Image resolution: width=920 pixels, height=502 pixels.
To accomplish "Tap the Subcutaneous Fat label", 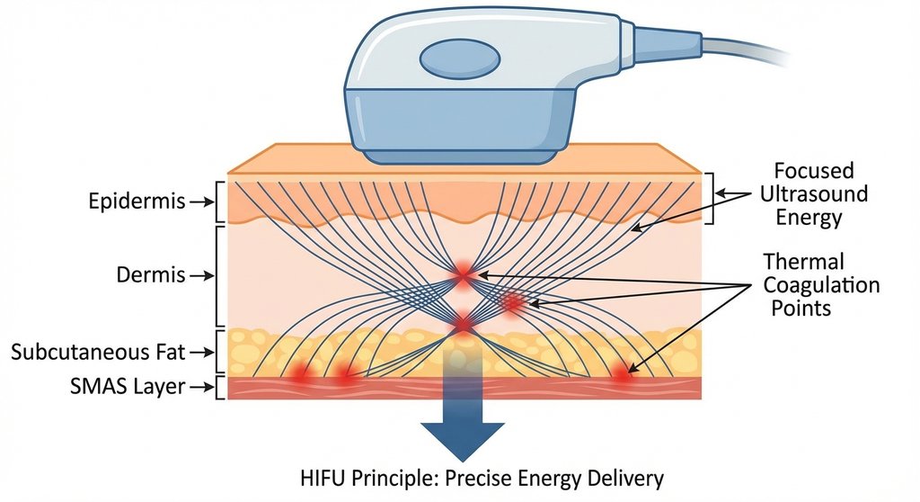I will pyautogui.click(x=93, y=351).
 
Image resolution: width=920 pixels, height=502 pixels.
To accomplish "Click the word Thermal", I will pyautogui.click(x=803, y=262).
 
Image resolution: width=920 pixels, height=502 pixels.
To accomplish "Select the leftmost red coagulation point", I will pyautogui.click(x=299, y=372).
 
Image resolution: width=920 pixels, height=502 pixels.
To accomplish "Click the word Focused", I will pyautogui.click(x=813, y=171).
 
